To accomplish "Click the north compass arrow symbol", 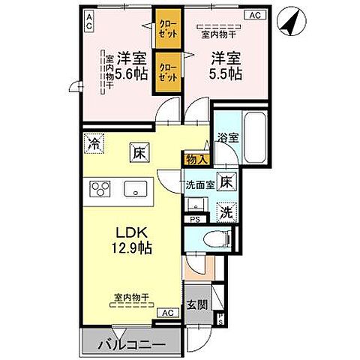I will (289, 21).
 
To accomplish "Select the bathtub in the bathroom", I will (254, 138).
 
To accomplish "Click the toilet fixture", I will (215, 239).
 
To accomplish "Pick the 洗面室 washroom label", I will (199, 182).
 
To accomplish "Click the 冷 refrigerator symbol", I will (94, 141).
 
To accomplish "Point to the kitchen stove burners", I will (100, 189).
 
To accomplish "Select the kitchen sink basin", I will (136, 189).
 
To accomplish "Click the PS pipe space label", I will (195, 220).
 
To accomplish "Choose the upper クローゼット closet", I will (166, 30).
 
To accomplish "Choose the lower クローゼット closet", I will (166, 70).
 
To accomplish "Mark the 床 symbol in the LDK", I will (139, 151).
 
